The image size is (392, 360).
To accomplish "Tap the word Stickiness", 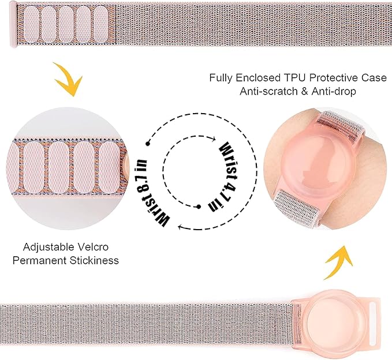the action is (94, 260).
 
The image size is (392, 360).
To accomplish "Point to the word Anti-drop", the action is (334, 91).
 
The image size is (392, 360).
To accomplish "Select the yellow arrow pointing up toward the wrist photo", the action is (338, 262).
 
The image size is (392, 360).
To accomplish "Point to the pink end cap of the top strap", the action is (13, 24).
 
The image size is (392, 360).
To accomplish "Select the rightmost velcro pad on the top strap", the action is (101, 24).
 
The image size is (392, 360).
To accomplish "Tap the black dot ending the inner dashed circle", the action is (199, 207).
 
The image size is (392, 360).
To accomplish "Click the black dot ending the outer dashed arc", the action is (148, 144).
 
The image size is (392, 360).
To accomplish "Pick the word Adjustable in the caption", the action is (48, 247).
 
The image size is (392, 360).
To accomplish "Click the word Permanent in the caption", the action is (39, 260).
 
